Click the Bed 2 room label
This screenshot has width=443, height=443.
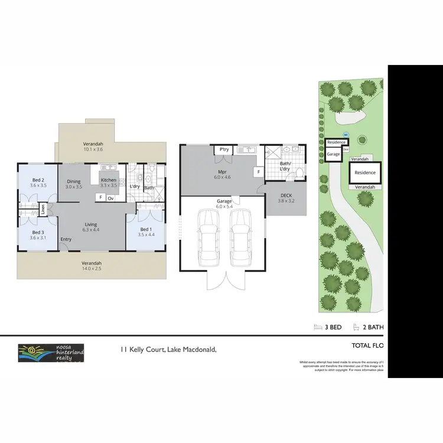pyautogui.click(x=37, y=182)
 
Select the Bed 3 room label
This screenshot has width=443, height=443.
pyautogui.click(x=37, y=234)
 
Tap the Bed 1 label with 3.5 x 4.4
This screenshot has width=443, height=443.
pyautogui.click(x=146, y=232)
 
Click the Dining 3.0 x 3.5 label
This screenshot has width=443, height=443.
pyautogui.click(x=74, y=184)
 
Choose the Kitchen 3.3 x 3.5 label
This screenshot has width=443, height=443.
pyautogui.click(x=109, y=183)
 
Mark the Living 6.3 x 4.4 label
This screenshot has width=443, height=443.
pyautogui.click(x=91, y=227)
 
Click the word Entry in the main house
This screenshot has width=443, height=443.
pyautogui.click(x=66, y=239)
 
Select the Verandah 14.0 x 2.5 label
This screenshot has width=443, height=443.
pyautogui.click(x=92, y=266)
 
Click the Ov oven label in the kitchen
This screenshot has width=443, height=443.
pyautogui.click(x=110, y=197)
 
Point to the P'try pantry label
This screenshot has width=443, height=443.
pyautogui.click(x=224, y=150)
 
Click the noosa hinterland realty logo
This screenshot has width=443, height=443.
pyautogui.click(x=51, y=353)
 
